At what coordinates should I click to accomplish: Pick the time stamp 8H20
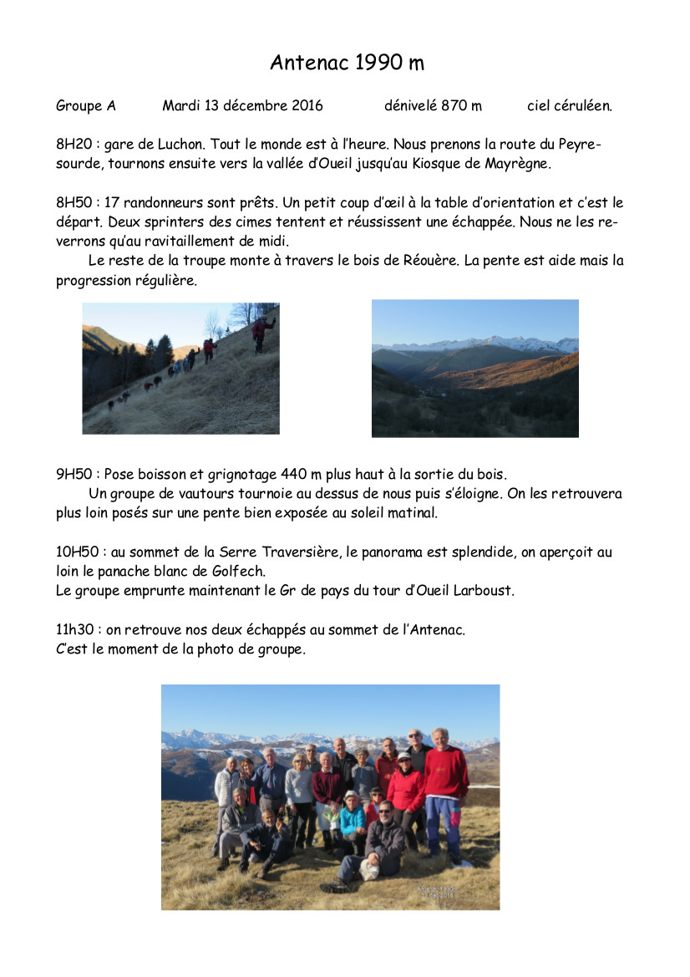(73, 145)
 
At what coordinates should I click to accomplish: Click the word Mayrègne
(518, 163)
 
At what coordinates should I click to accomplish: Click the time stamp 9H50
(73, 474)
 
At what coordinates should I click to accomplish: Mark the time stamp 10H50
(77, 552)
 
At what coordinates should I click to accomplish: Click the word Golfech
(241, 571)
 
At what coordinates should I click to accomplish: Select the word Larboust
(484, 590)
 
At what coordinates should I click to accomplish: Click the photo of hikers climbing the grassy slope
(180, 369)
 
